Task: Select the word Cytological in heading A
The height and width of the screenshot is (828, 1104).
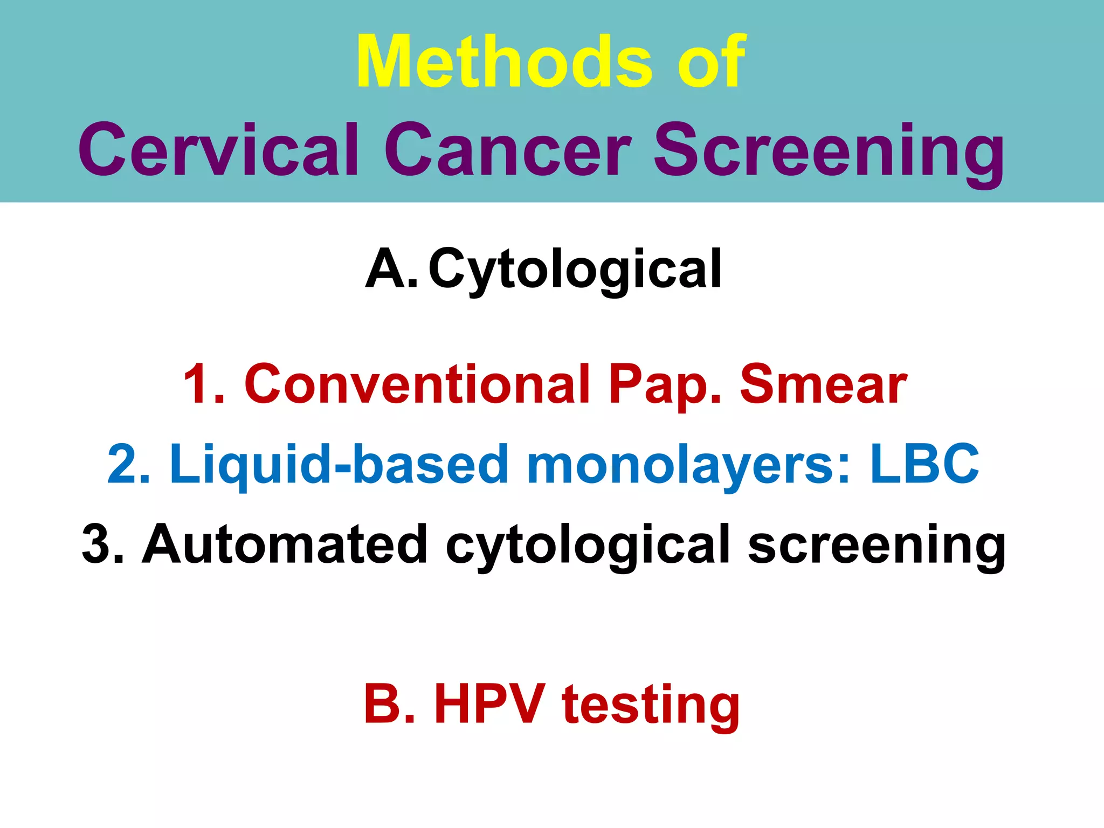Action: [575, 270]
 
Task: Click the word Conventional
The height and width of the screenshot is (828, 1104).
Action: [417, 384]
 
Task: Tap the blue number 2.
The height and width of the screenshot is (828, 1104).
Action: [128, 464]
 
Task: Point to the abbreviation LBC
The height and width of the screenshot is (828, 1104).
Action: [924, 464]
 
